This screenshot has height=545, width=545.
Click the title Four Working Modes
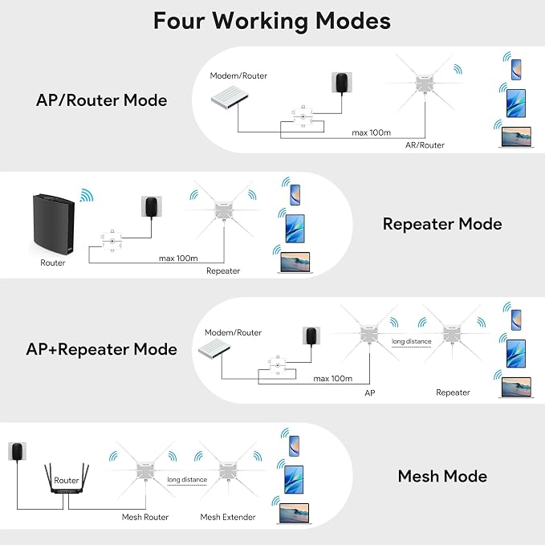(x=272, y=21)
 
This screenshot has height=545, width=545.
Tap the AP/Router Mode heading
(x=101, y=100)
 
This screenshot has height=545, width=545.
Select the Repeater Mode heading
(x=442, y=224)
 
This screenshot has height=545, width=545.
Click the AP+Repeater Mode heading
(x=101, y=349)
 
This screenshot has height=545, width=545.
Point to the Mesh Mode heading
(x=442, y=476)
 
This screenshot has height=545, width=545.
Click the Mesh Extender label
(x=228, y=517)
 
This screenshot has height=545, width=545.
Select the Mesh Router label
(x=145, y=517)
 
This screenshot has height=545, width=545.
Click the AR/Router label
(x=425, y=145)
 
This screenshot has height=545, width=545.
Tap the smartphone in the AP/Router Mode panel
(x=516, y=70)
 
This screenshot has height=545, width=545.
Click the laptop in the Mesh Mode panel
(x=295, y=514)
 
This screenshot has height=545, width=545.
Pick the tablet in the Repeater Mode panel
(x=295, y=229)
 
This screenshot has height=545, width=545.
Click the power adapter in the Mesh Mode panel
(x=17, y=451)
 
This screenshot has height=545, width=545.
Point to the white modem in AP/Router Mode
(x=230, y=98)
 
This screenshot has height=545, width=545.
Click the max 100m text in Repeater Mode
(x=178, y=258)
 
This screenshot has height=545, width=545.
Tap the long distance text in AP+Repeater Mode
(x=412, y=341)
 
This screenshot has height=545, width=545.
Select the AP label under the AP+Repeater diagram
(x=370, y=392)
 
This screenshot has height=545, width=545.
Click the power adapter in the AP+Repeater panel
(x=311, y=336)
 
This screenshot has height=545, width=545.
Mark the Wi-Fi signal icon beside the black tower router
(x=87, y=195)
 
